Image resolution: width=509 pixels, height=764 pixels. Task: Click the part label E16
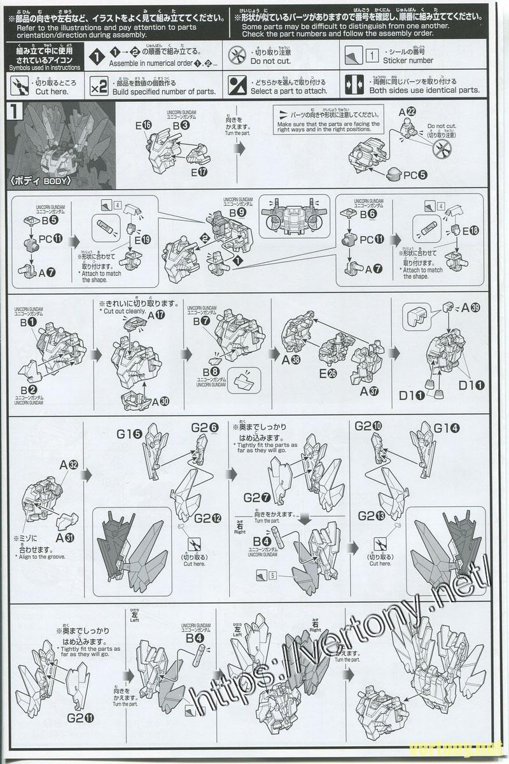[143, 125]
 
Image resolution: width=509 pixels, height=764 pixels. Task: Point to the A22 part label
[425, 111]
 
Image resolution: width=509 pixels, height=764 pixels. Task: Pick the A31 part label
[66, 537]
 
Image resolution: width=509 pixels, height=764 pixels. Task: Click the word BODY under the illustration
[55, 180]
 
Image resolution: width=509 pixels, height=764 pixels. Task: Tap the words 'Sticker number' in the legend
[408, 60]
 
